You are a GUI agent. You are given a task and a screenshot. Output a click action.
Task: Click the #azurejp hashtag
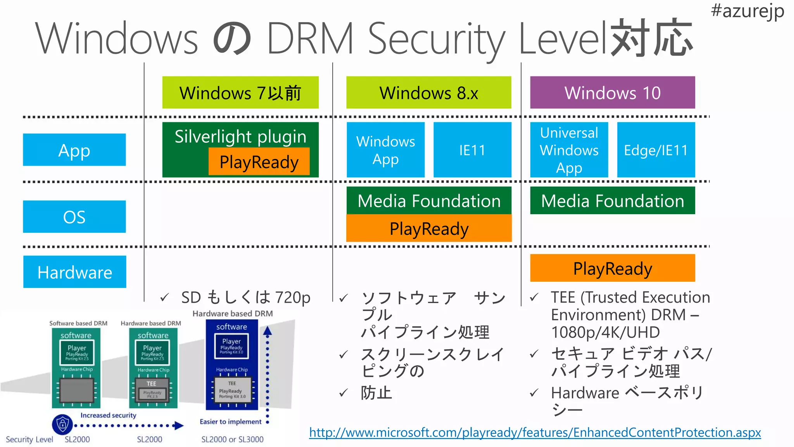coord(747,11)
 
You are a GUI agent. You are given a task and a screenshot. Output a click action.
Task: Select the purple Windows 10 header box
coord(612,93)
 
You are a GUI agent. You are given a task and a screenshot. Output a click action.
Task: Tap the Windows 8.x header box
coord(428,93)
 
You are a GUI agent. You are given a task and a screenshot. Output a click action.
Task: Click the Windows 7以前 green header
coord(240,93)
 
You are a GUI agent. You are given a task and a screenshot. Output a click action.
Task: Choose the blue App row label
coord(74,150)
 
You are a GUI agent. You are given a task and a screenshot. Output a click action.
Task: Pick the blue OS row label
coord(74,217)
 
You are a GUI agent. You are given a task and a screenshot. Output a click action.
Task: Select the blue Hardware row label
coord(74,272)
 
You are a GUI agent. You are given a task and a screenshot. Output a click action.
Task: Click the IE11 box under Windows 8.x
coord(472,150)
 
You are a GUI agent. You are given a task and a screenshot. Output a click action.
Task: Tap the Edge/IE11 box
coord(656,150)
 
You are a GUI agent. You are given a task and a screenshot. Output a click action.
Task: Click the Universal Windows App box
coord(569,150)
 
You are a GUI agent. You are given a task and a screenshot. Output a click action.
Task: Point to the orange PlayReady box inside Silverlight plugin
coord(259,162)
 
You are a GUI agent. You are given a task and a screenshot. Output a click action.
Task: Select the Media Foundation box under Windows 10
coord(612,201)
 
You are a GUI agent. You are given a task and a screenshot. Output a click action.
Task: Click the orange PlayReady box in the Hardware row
coord(612,268)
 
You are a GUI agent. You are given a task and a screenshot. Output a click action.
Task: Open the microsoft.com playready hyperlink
coord(535,432)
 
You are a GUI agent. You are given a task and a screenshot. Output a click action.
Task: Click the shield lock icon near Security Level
coord(62,424)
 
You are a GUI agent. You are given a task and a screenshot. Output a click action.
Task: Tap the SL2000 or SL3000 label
coord(232,439)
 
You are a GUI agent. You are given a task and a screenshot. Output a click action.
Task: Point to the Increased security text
coord(108,415)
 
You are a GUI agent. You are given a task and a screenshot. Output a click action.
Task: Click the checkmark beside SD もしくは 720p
coord(164,298)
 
